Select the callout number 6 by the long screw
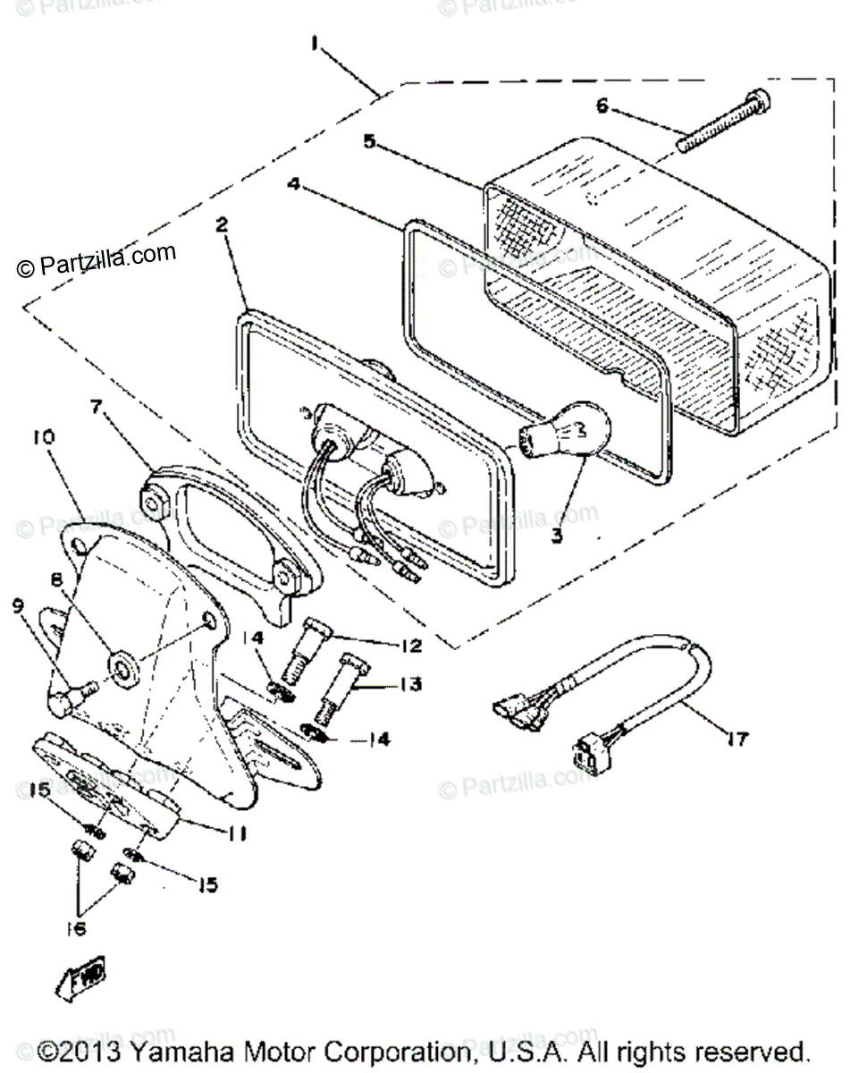(602, 106)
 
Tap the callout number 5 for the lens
(368, 139)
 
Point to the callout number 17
(737, 739)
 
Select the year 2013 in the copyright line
(94, 1049)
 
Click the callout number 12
(411, 644)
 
